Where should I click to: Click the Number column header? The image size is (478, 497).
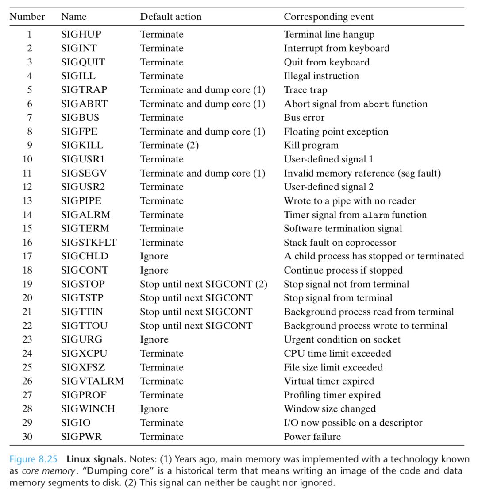[x=27, y=17]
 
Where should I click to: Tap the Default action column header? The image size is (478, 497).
[x=170, y=17]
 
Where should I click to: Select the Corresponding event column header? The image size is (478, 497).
[x=328, y=17]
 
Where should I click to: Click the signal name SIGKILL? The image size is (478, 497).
[x=82, y=145]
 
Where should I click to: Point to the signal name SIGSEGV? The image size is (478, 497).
[x=84, y=173]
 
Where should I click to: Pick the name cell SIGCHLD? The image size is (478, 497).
[x=85, y=256]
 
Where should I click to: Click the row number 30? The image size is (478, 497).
[x=27, y=436]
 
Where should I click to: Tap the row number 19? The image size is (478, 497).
[x=27, y=284]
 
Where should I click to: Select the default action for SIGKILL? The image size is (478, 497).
[x=169, y=145]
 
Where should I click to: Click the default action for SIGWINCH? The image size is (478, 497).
[x=154, y=409]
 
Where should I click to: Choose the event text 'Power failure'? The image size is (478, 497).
[x=312, y=436]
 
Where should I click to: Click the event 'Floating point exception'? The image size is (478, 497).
[x=336, y=131]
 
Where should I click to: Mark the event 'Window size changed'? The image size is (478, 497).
[x=330, y=409]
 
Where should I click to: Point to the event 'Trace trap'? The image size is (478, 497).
[x=305, y=90]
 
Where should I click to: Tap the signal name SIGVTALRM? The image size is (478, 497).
[x=93, y=381]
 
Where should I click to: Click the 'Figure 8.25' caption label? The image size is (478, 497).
[x=33, y=460]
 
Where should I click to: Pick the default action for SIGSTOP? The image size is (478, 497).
[x=204, y=284]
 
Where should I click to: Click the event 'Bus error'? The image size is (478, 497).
[x=304, y=118]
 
